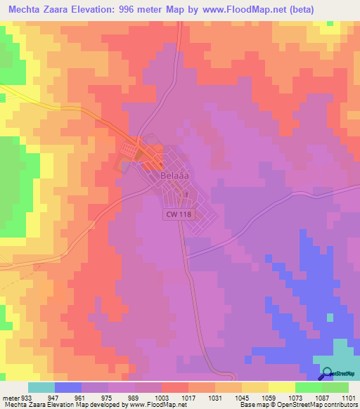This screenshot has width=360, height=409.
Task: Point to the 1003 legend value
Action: point(162,397)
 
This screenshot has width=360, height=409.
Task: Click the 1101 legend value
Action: point(349,397)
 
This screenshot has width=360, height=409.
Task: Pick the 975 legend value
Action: point(108,397)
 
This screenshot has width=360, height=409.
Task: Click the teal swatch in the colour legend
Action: point(41,387)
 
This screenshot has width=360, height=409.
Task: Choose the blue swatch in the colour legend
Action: point(67,387)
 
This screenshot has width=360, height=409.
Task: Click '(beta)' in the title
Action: point(300,9)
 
